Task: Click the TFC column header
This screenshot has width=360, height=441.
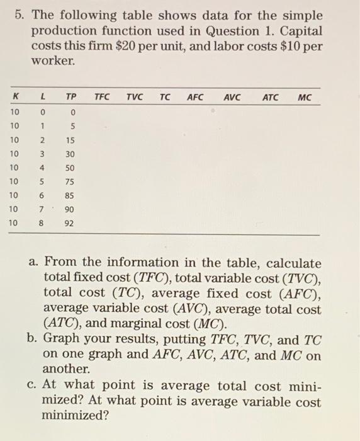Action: coord(101,98)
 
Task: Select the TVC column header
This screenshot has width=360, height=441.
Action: coord(134,98)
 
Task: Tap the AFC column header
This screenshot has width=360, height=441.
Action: coord(195,98)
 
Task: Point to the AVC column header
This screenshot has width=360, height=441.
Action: coord(233,98)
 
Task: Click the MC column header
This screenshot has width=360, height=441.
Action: coord(305,98)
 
